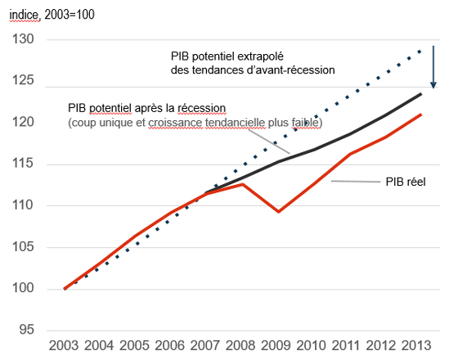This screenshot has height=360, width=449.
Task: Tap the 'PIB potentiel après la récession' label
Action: click(146, 108)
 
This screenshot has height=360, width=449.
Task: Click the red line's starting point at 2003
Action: click(65, 288)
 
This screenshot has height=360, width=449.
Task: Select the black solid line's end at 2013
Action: click(421, 94)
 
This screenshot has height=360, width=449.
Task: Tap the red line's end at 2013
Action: click(421, 115)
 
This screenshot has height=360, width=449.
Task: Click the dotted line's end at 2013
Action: click(421, 51)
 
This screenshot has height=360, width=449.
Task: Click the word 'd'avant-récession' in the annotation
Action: click(295, 70)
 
